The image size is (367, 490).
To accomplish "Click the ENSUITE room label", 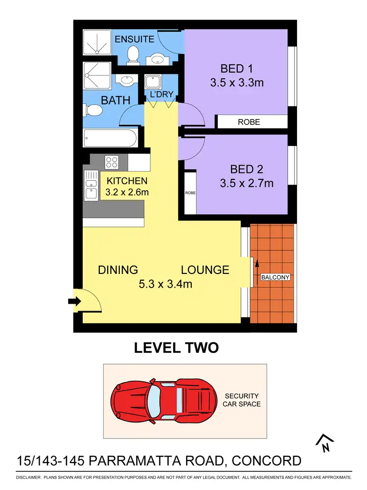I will (135, 39).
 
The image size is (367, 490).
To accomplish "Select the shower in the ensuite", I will (98, 42).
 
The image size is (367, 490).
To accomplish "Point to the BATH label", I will (115, 100).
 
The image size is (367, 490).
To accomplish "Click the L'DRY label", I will (160, 94).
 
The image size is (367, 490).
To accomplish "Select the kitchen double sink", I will (91, 185).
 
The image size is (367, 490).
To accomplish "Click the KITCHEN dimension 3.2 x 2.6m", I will (128, 192).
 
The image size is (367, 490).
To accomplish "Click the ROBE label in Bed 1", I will (249, 122).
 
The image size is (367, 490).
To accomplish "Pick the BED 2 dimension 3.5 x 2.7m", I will (247, 184).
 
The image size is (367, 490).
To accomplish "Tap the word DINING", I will (118, 269).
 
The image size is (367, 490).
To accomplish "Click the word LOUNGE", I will (205, 269).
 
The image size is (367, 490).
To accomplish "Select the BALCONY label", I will (275, 277).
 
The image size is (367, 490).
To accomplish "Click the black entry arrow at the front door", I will (74, 301).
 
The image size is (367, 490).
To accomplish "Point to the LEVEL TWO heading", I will (176, 348).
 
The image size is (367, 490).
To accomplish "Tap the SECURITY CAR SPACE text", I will (242, 400).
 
